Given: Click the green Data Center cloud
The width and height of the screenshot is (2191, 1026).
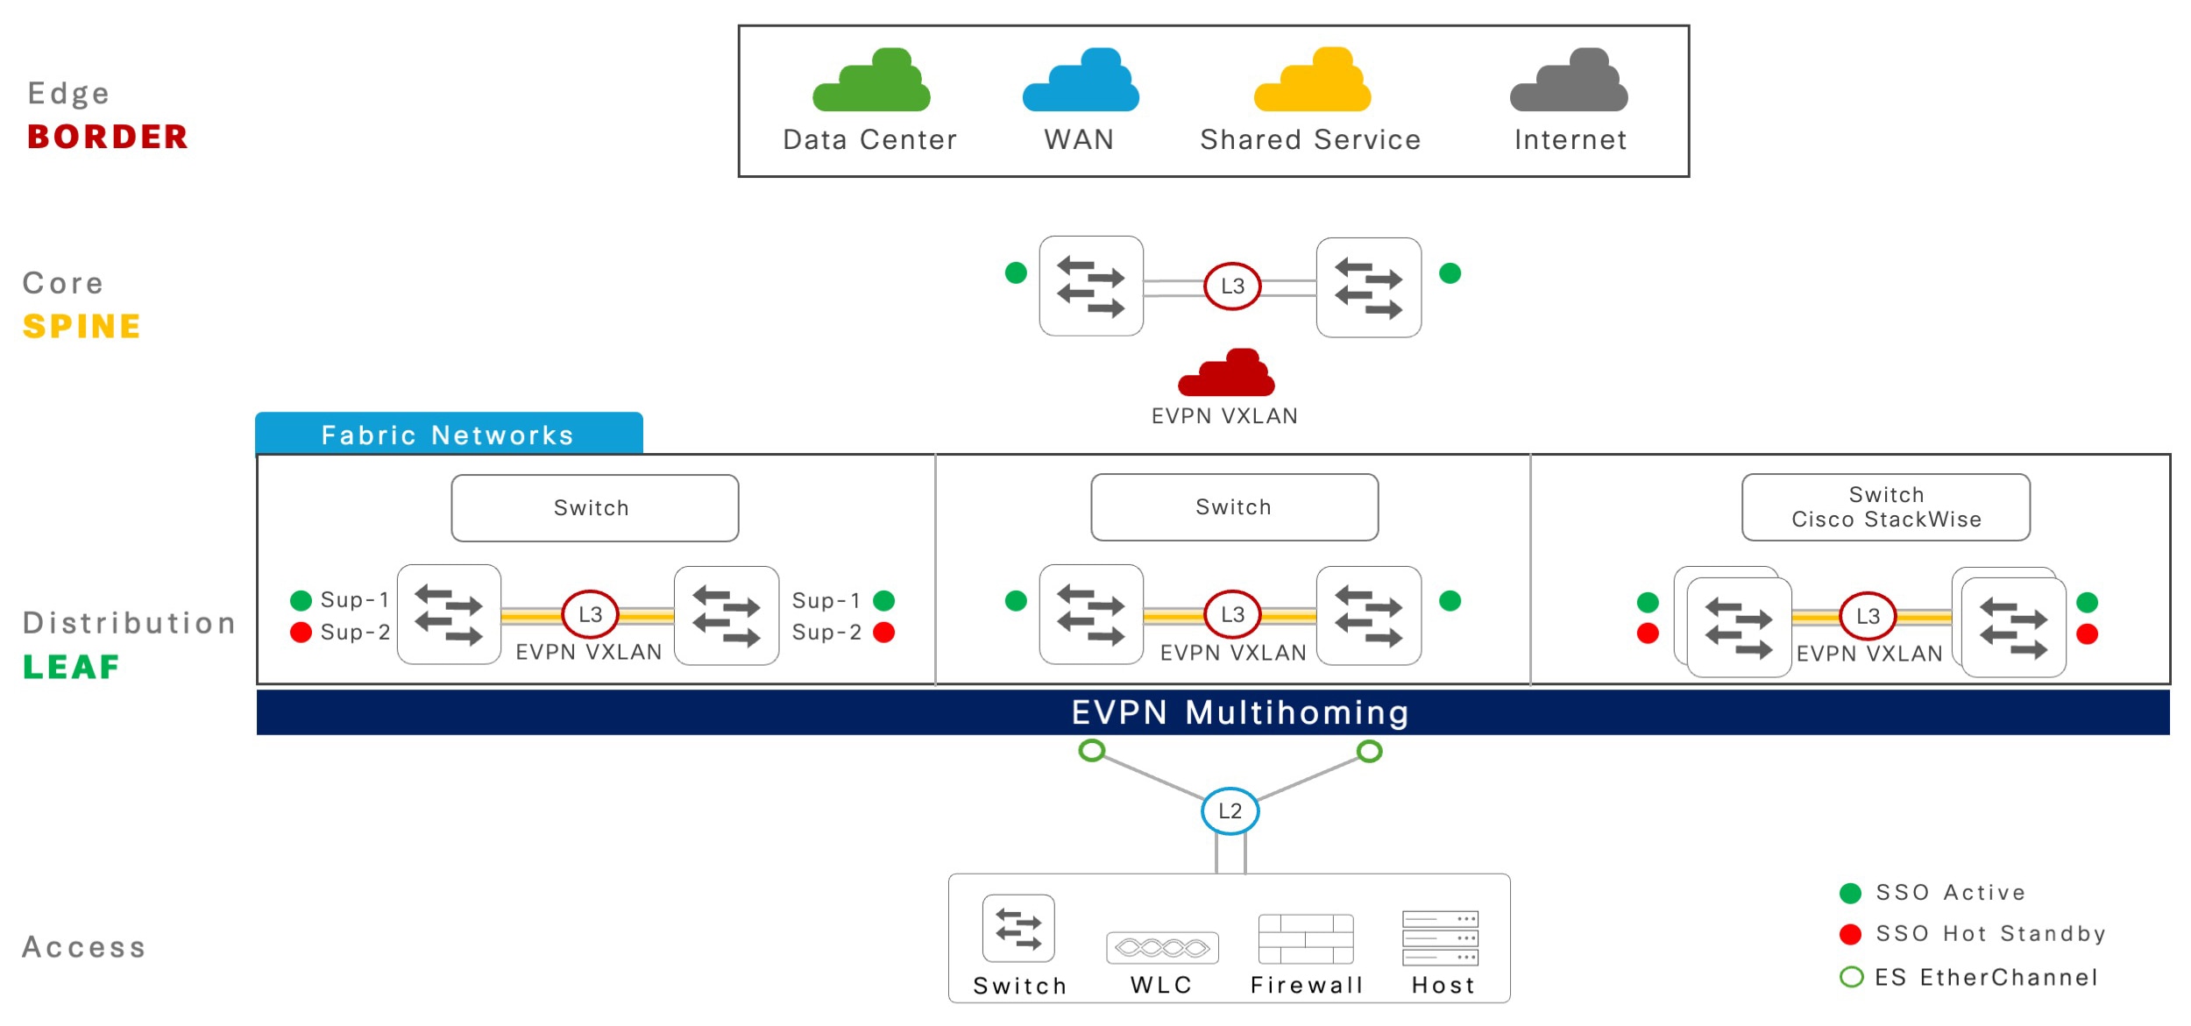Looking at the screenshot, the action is click(871, 81).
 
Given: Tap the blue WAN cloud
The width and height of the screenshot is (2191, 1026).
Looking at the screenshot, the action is click(1081, 81).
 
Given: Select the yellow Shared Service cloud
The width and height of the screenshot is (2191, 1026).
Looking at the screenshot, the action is click(1312, 81).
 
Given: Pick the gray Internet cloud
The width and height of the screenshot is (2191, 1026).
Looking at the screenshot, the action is click(1569, 81).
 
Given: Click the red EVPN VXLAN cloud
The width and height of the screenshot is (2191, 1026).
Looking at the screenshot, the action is click(1226, 373).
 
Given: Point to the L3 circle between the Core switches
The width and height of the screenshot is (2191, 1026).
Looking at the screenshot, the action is click(1232, 286).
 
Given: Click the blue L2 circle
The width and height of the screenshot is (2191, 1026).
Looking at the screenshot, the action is click(1230, 810).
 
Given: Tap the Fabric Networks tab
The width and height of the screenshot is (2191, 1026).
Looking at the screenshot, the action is click(449, 434).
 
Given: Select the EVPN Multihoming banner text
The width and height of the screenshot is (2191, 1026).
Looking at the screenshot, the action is click(1240, 712).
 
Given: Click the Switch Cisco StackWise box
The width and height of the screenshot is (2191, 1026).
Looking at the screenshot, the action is click(1886, 507).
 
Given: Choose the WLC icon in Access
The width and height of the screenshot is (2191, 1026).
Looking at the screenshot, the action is click(1162, 948).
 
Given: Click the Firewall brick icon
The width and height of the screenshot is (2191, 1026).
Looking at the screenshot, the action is click(1306, 938).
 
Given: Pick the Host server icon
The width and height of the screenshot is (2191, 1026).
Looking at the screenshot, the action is click(1440, 938).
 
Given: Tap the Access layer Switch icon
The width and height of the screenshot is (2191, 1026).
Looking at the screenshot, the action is click(1018, 929).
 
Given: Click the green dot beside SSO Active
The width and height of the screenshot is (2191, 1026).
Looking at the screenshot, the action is click(1850, 893).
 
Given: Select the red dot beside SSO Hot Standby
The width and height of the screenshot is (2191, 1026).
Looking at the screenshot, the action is click(1850, 934).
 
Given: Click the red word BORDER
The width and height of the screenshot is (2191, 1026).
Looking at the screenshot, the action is click(108, 137).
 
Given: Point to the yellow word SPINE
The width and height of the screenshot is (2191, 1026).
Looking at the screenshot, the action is click(82, 327).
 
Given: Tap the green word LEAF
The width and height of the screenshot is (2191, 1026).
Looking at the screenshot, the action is click(71, 667).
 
